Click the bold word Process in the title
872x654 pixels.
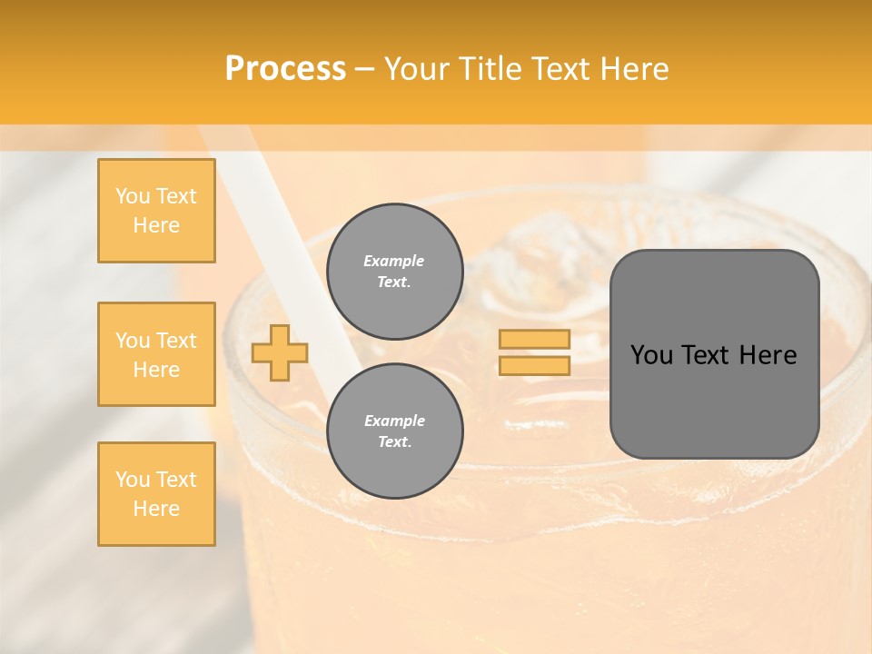(285, 69)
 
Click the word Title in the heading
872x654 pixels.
(491, 69)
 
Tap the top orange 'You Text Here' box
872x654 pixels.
(156, 211)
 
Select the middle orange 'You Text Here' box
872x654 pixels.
(156, 354)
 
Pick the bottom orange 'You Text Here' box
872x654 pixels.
(156, 494)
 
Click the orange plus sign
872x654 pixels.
(280, 352)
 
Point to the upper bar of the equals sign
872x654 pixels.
(534, 339)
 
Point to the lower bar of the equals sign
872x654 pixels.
(534, 366)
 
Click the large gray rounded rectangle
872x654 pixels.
(714, 400)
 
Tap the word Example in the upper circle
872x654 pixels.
(394, 261)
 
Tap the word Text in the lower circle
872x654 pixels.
(393, 442)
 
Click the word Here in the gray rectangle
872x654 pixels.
(768, 355)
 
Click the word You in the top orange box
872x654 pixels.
(133, 196)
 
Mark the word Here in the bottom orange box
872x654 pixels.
(156, 509)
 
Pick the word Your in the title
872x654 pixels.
(418, 69)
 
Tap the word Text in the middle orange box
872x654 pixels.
(176, 341)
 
